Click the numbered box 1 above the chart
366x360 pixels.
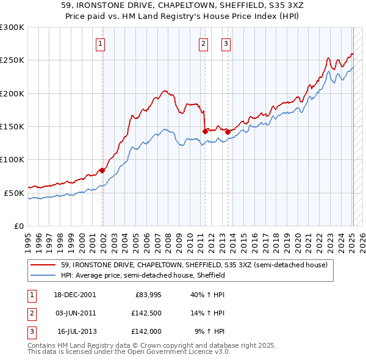(x=99, y=43)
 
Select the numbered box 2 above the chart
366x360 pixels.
(x=203, y=43)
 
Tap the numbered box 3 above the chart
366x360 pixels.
(x=226, y=43)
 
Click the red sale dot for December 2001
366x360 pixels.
(x=102, y=170)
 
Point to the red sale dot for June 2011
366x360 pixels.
(x=204, y=131)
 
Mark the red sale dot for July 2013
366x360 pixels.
(x=227, y=131)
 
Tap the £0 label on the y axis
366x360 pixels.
(x=18, y=226)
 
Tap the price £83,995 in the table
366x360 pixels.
(x=148, y=294)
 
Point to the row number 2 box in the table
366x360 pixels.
(x=30, y=312)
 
